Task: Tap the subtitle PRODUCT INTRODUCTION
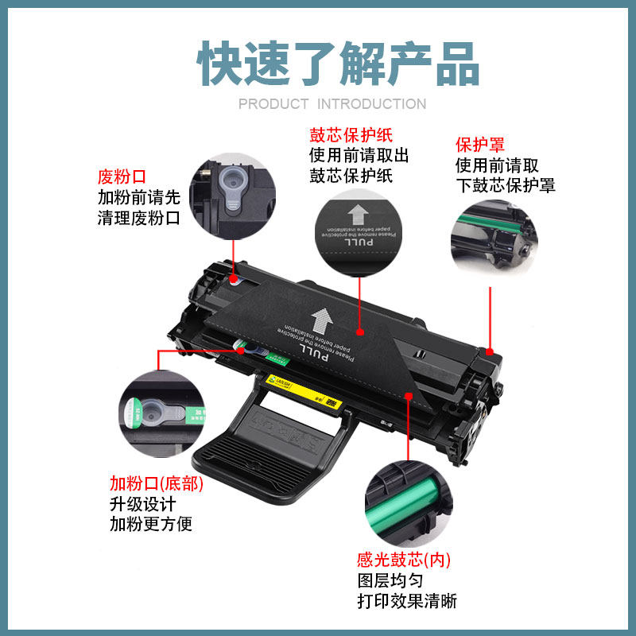(x=332, y=104)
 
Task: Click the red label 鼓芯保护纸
(x=351, y=134)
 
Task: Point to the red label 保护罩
(x=479, y=145)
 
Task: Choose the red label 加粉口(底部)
(x=156, y=483)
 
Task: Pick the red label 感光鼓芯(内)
(x=404, y=560)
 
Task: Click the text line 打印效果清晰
(x=407, y=601)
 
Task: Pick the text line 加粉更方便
(x=151, y=524)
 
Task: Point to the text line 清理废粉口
(x=139, y=217)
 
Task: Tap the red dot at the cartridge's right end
(x=491, y=351)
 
